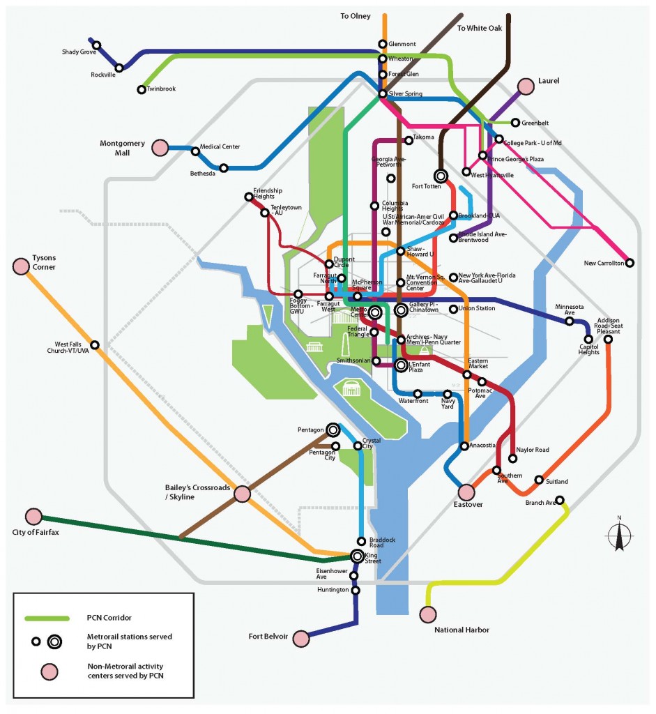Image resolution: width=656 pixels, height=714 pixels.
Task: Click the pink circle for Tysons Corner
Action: click(x=21, y=266)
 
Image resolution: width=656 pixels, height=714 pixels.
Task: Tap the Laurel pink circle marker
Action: click(x=526, y=86)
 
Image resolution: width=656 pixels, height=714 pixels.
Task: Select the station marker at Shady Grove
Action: click(x=97, y=45)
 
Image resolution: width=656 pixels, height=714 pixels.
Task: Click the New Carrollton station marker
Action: click(x=630, y=263)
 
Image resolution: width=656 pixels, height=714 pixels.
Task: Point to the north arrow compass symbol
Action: click(x=619, y=535)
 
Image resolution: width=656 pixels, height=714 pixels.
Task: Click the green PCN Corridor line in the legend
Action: click(x=47, y=618)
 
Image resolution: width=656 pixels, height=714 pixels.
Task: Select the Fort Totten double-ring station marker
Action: click(x=441, y=176)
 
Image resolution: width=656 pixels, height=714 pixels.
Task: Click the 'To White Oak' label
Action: click(x=480, y=28)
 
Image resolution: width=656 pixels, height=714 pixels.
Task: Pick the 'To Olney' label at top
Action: click(x=355, y=16)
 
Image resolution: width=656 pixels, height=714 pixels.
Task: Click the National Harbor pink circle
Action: click(x=427, y=614)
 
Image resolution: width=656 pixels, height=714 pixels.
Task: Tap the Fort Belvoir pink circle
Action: click(x=300, y=638)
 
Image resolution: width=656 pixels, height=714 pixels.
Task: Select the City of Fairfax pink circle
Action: click(x=33, y=517)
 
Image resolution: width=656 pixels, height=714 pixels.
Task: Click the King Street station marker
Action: click(x=357, y=556)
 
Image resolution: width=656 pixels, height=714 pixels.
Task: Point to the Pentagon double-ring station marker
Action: click(x=333, y=430)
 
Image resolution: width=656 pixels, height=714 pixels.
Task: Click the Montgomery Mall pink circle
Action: click(x=160, y=148)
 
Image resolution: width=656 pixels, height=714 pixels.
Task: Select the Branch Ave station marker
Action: click(x=560, y=500)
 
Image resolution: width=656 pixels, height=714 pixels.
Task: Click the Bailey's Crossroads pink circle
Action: click(x=242, y=494)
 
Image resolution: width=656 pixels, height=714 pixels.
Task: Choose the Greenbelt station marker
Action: click(x=515, y=123)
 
